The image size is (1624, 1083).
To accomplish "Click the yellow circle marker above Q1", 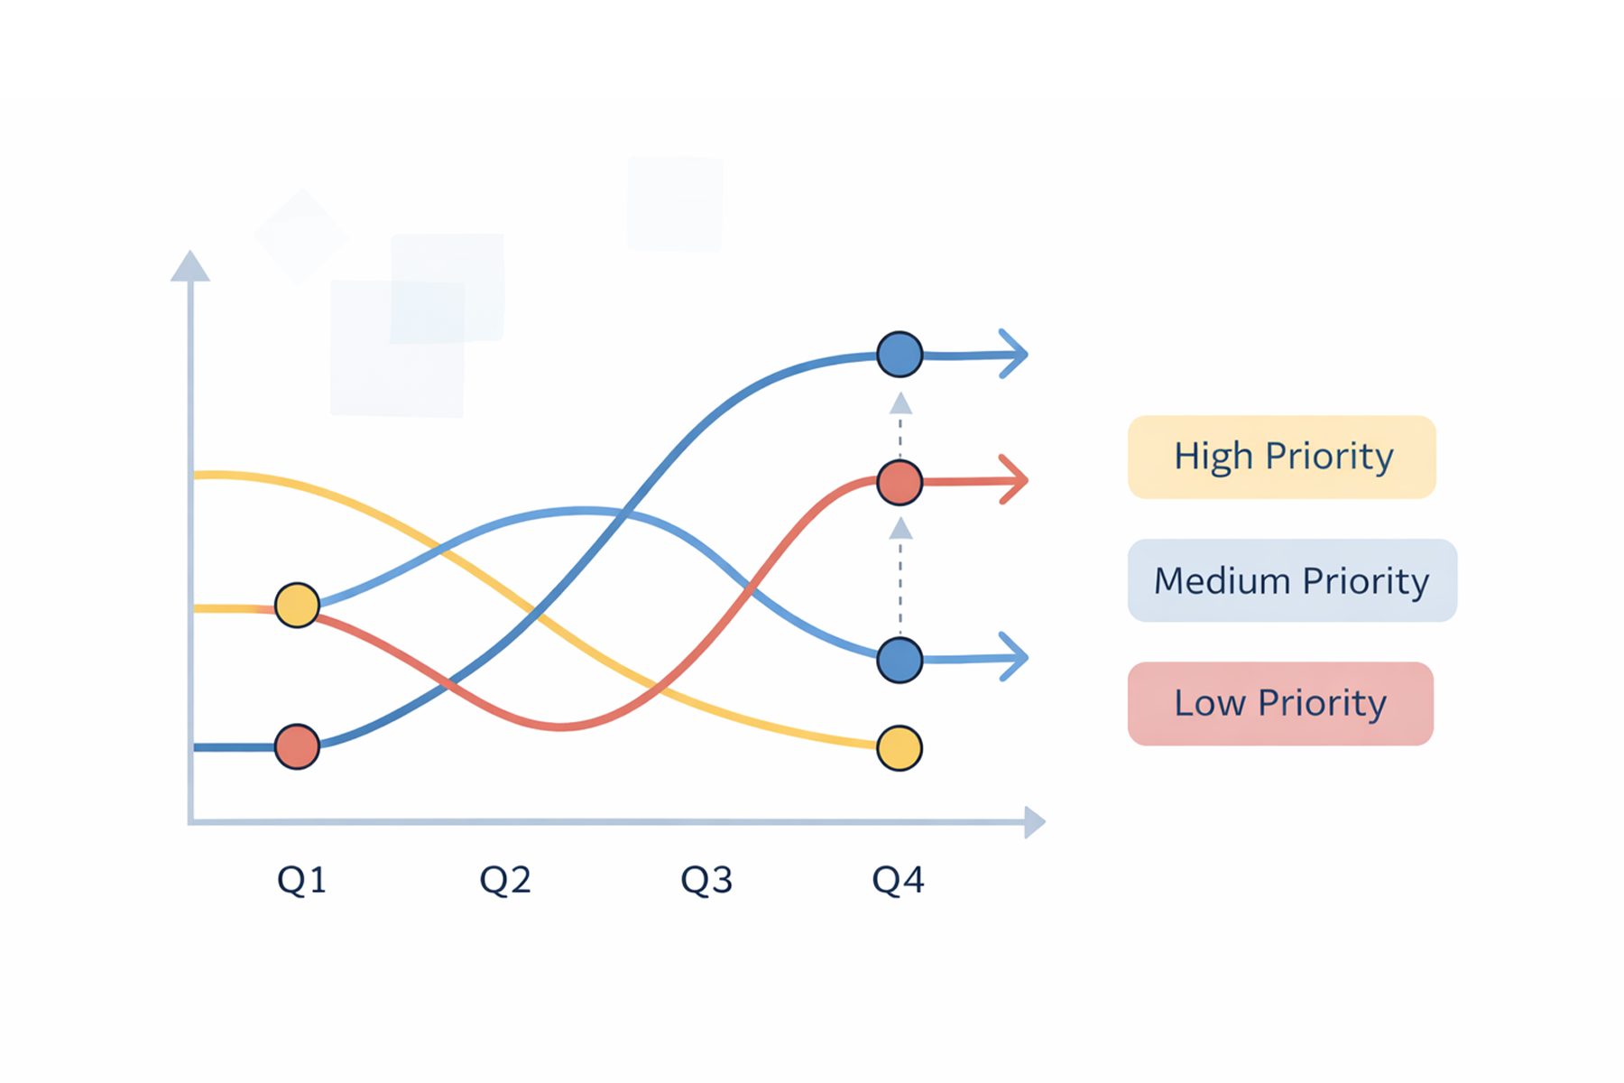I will [x=297, y=605].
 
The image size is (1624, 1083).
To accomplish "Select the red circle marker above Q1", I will [x=297, y=746].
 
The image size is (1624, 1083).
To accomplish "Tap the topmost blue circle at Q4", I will [x=900, y=354].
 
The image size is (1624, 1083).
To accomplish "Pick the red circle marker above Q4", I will [x=900, y=482].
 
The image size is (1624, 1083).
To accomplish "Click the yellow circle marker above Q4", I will [x=900, y=748].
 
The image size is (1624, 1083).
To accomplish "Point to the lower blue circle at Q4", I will [x=900, y=660].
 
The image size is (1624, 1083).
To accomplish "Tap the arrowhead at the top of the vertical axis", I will [x=190, y=268].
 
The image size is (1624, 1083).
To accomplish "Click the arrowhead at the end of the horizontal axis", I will [x=1034, y=822].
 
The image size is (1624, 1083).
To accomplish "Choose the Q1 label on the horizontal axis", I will [x=301, y=879].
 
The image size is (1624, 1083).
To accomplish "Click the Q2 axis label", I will [x=504, y=879].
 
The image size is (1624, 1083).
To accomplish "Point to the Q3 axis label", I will [x=706, y=879].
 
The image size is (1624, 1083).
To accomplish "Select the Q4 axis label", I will [x=898, y=879].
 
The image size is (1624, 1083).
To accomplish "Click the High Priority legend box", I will [x=1281, y=457].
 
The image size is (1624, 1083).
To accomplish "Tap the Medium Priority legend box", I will [x=1292, y=580].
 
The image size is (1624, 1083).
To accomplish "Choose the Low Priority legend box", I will [x=1280, y=704].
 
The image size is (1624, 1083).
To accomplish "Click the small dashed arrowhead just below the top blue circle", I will [x=900, y=403].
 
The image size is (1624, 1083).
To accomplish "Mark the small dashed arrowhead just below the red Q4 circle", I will [x=900, y=529].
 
